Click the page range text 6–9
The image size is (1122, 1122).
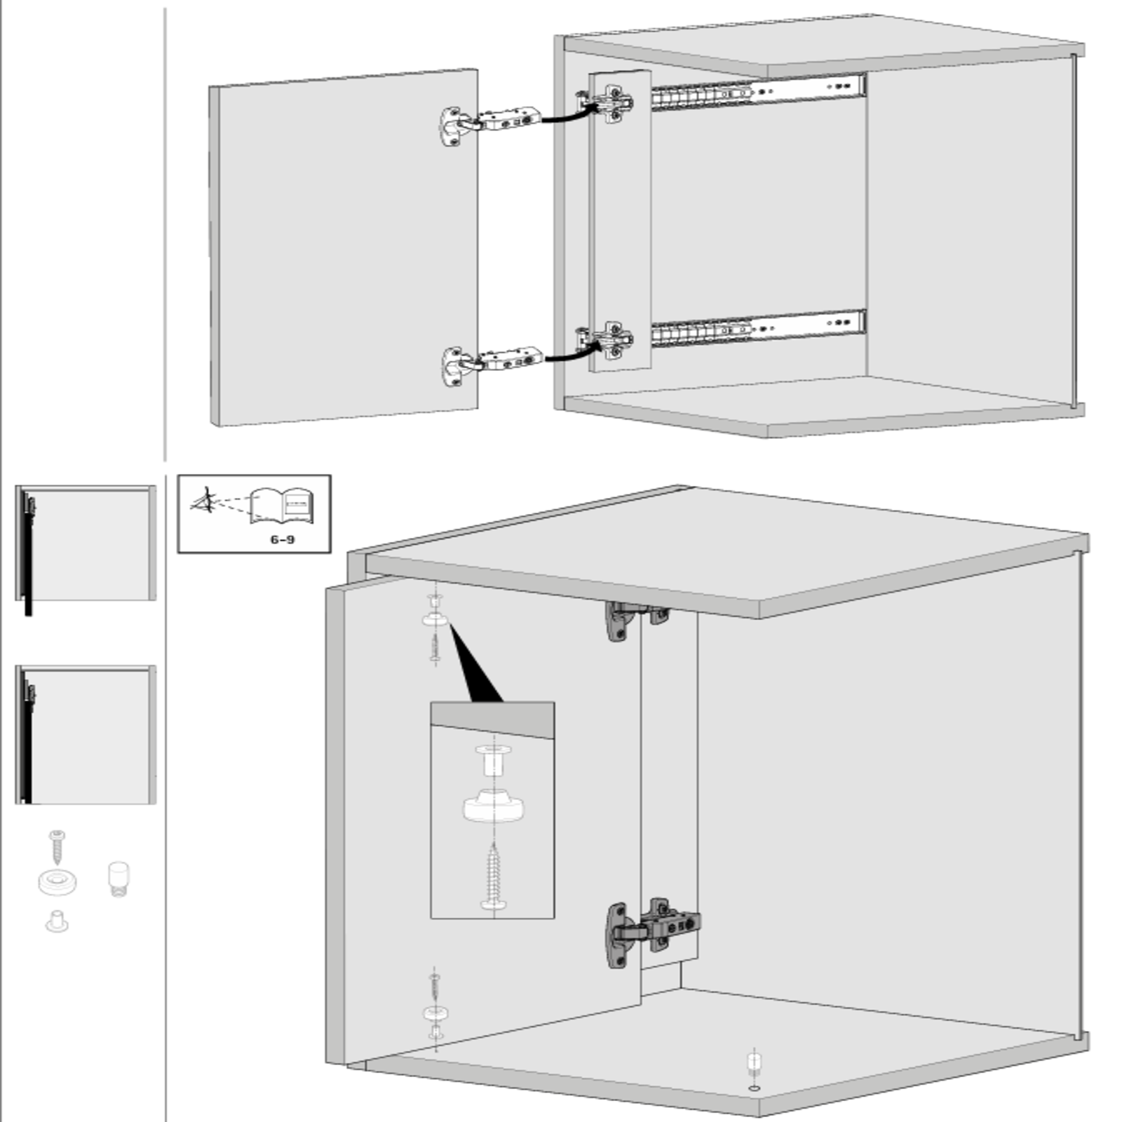[282, 539]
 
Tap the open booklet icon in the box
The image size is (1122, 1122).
[280, 506]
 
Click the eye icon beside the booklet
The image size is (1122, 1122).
[204, 501]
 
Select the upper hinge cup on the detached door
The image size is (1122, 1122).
[452, 126]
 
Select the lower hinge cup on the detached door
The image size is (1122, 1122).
[453, 365]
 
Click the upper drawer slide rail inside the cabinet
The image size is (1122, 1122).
[758, 92]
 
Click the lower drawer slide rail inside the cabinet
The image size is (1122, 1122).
[758, 327]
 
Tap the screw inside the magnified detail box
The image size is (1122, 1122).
[494, 876]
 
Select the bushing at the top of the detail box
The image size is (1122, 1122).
[493, 760]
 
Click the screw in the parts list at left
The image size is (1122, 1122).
[57, 846]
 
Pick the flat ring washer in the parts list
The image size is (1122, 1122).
[58, 882]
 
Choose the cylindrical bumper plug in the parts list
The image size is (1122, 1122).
[119, 879]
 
